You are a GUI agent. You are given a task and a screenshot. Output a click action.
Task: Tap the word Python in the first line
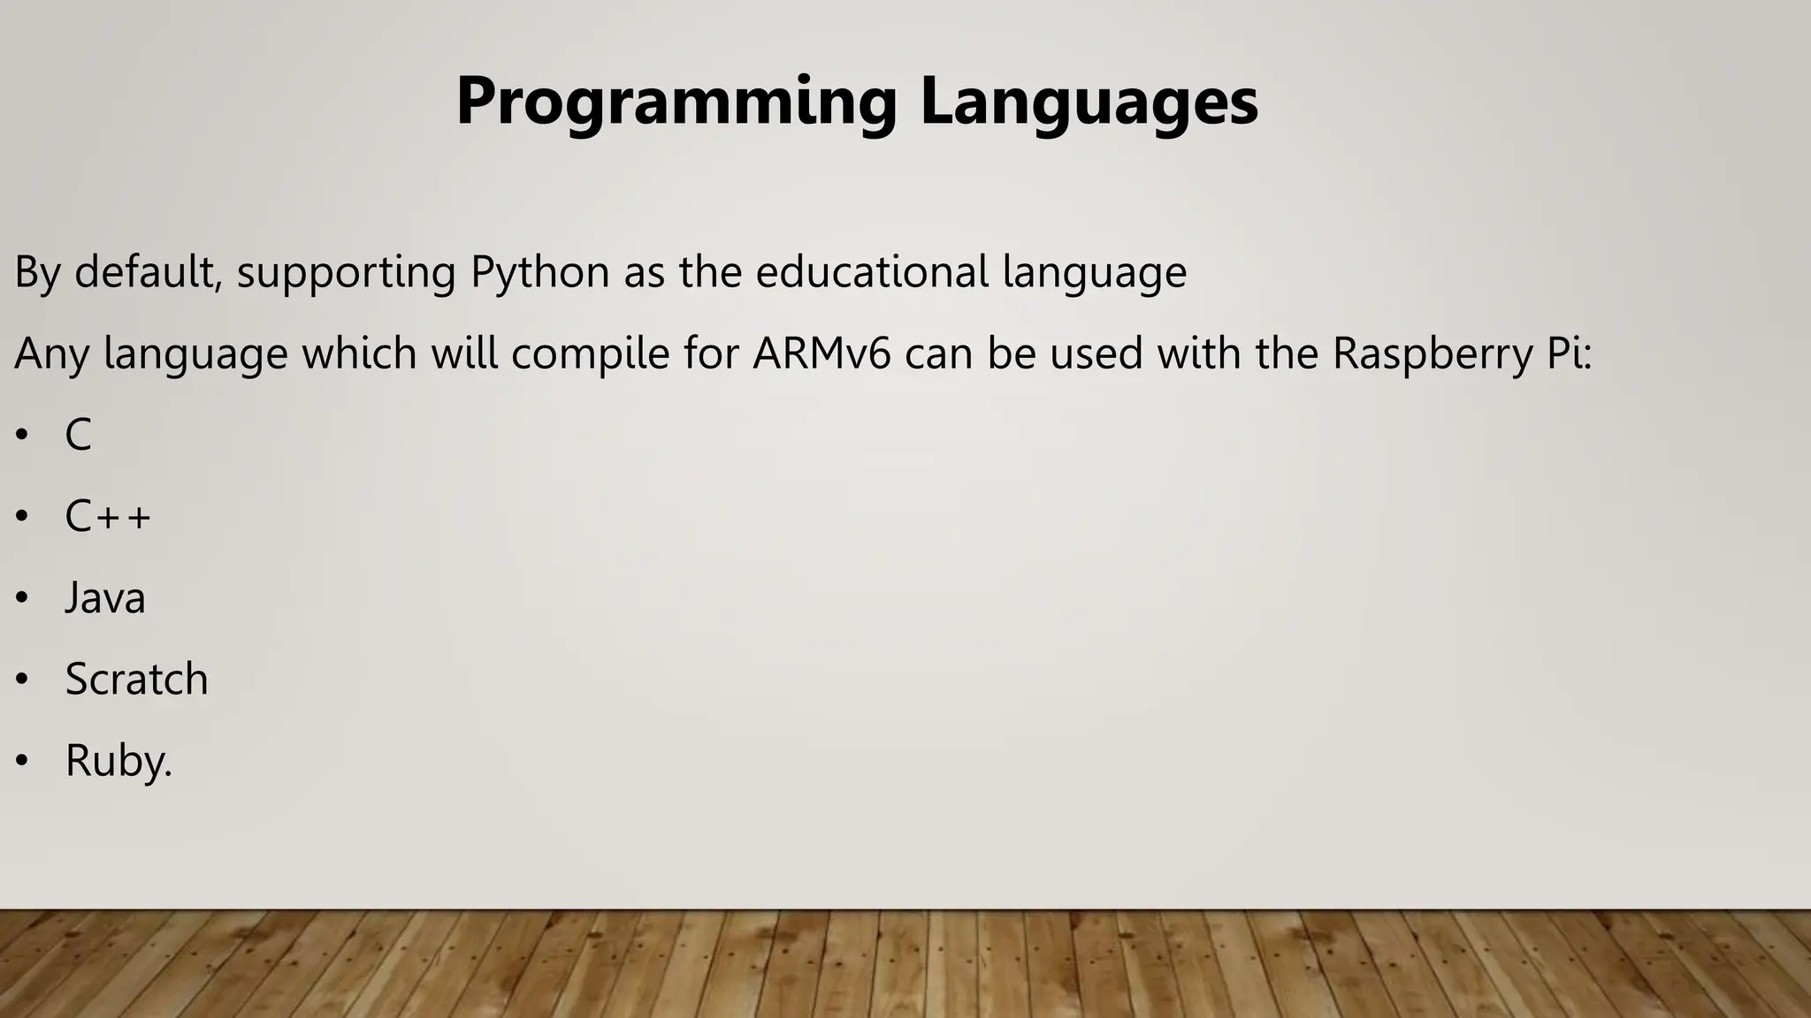click(539, 272)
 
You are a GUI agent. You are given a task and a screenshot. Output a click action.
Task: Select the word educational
click(872, 272)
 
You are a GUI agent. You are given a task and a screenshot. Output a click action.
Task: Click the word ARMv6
click(821, 353)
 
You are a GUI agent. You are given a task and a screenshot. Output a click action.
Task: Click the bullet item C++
click(108, 516)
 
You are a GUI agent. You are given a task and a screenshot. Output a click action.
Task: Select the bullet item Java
click(105, 598)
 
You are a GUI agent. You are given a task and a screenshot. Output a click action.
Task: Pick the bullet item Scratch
click(136, 680)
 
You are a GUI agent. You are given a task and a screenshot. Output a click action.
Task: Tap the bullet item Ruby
click(118, 761)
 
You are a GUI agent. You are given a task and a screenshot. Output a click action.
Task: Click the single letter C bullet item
click(78, 435)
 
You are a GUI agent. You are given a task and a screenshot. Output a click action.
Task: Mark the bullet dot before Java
click(22, 598)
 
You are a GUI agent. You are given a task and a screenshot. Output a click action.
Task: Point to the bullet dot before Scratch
click(22, 680)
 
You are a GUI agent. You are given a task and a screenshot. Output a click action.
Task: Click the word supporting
click(346, 272)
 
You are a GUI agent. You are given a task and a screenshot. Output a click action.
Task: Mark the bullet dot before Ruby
click(22, 761)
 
